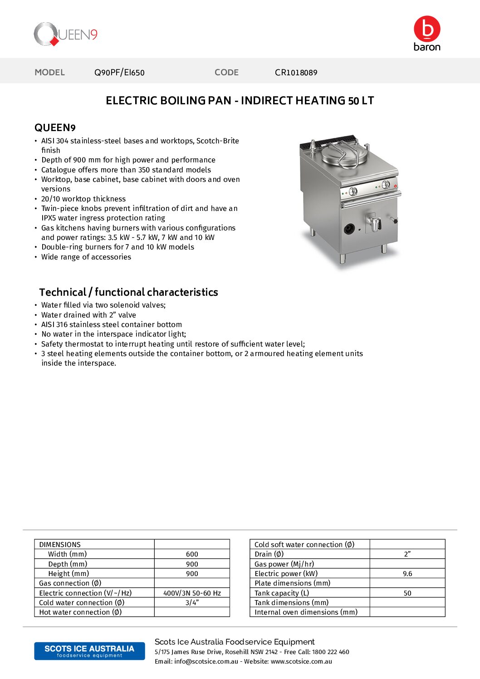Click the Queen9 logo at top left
click(x=66, y=34)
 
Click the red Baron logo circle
click(x=427, y=29)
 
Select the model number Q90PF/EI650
click(x=119, y=73)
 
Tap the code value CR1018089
click(x=296, y=73)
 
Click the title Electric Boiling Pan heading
click(x=240, y=101)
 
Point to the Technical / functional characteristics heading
click(x=128, y=292)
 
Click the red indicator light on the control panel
click(x=396, y=186)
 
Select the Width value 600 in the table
click(x=192, y=554)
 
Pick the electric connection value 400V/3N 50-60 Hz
click(x=192, y=593)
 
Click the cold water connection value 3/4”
click(x=192, y=603)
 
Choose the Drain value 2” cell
click(x=407, y=554)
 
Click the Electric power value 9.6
click(x=407, y=574)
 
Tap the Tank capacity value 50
click(x=407, y=593)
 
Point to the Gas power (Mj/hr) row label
click(x=284, y=564)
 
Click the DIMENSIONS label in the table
click(x=60, y=545)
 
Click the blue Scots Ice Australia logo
click(x=89, y=651)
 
